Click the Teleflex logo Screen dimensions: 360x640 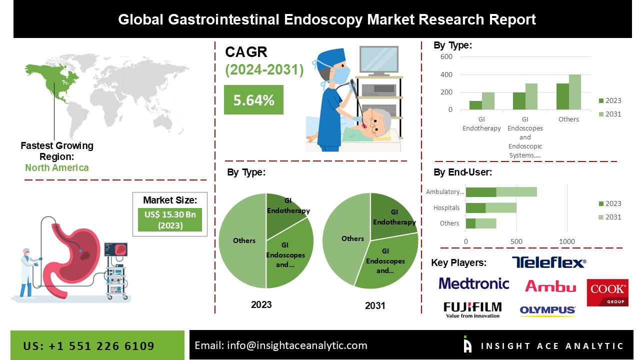click(x=548, y=262)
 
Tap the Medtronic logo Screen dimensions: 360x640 click(x=473, y=283)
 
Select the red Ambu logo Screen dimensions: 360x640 click(x=550, y=286)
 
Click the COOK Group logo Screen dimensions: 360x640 click(x=607, y=292)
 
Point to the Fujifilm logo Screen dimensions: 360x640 click(x=472, y=309)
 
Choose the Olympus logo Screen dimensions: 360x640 click(x=547, y=310)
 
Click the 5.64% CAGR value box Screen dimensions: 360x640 click(x=253, y=99)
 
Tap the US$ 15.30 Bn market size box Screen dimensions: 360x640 click(x=169, y=219)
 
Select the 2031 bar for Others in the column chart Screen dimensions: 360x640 click(x=574, y=92)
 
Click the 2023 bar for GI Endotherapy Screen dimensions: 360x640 click(x=475, y=105)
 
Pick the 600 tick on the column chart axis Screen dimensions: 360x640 click(x=446, y=56)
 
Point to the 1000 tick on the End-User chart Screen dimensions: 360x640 click(x=567, y=241)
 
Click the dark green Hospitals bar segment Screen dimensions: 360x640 click(x=475, y=207)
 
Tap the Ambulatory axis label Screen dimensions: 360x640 click(x=444, y=192)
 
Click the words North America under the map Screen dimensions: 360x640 click(x=56, y=167)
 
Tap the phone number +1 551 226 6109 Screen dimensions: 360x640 click(x=88, y=346)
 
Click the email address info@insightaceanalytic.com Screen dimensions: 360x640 click(x=280, y=345)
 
